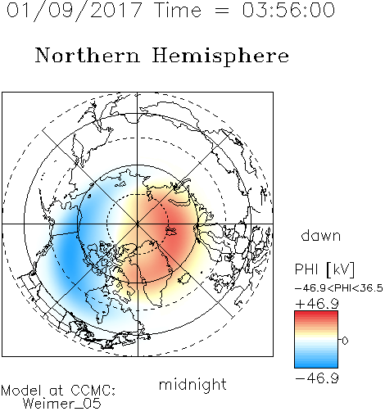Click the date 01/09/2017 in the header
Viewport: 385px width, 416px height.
75,11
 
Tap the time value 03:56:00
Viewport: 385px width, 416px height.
288,10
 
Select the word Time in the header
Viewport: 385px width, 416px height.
178,10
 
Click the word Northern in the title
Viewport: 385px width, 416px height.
88,56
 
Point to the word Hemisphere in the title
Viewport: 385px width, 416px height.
220,57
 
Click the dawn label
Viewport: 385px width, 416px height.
321,235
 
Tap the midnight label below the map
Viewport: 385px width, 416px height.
192,384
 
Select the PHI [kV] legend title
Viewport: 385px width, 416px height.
324,269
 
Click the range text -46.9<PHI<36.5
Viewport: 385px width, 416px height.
339,288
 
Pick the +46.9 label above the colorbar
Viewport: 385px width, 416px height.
317,304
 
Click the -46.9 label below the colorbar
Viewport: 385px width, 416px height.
317,378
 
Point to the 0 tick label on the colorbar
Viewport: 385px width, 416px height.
345,341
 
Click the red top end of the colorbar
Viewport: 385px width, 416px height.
316,313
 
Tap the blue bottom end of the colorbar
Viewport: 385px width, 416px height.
316,365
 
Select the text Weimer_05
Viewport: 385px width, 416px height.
62,404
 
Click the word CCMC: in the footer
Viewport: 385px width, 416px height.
93,391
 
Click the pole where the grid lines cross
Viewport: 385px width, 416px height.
138,224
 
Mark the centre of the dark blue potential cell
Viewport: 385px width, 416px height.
68,252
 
